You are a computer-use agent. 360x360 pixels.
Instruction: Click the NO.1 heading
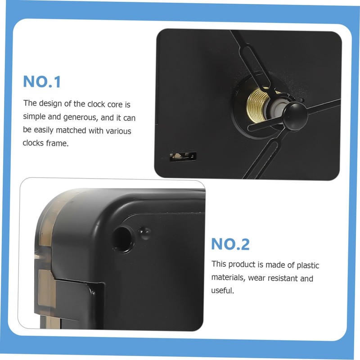(x=42, y=82)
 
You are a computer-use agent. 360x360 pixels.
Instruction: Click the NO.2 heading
(x=230, y=244)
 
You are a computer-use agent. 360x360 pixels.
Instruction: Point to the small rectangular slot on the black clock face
(x=183, y=157)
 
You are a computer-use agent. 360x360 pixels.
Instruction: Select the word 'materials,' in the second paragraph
(x=228, y=278)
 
